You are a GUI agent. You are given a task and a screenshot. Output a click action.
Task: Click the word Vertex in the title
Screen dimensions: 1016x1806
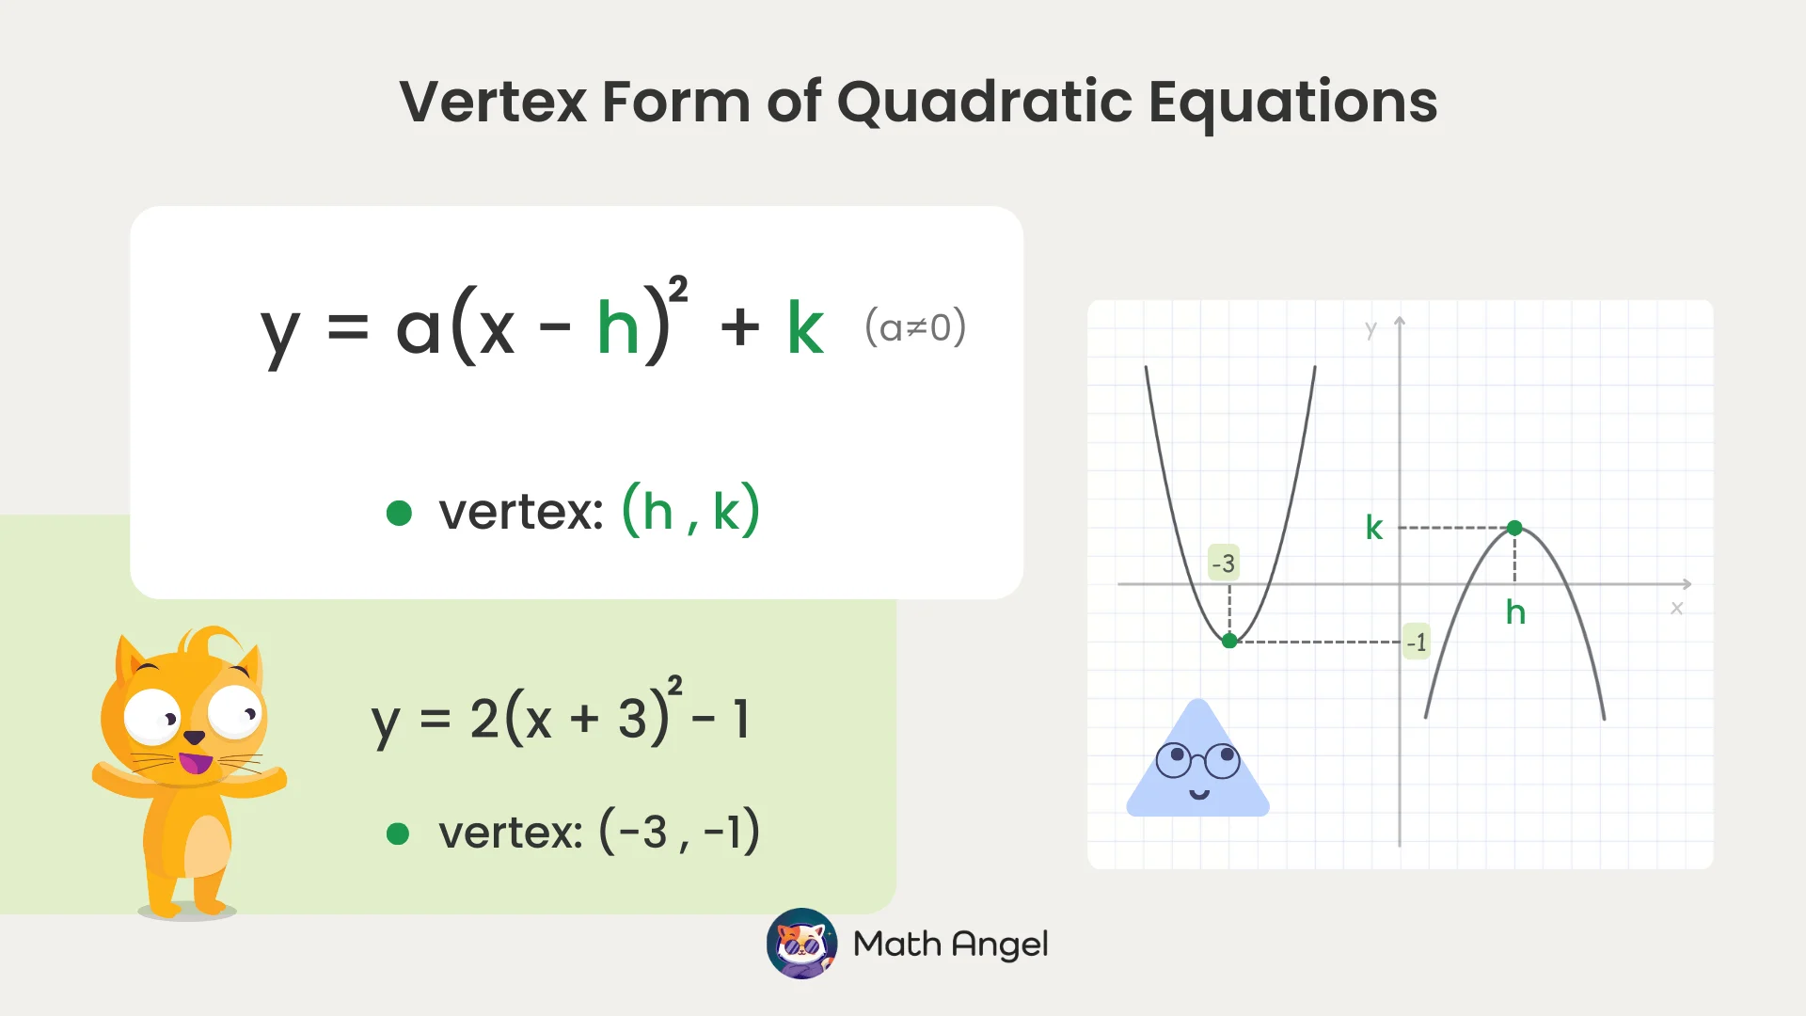(x=493, y=102)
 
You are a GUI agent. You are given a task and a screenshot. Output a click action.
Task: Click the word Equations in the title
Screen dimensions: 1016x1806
(x=1292, y=102)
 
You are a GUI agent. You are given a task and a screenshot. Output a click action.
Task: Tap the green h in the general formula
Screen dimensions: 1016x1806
(x=618, y=328)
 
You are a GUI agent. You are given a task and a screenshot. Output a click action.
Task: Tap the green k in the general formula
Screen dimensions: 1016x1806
(x=805, y=328)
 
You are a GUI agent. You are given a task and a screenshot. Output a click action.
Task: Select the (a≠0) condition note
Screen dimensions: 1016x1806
(x=914, y=327)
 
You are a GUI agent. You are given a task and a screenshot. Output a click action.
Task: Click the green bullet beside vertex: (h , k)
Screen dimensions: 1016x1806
(x=399, y=513)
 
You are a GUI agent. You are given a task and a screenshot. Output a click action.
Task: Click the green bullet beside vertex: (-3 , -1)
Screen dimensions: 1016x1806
(x=398, y=833)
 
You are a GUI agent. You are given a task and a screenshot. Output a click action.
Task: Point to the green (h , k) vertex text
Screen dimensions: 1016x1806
(x=690, y=511)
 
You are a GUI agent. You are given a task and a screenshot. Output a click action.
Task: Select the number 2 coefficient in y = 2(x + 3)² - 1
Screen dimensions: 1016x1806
(x=484, y=719)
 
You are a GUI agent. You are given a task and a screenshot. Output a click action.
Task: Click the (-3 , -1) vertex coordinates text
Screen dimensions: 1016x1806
(x=679, y=832)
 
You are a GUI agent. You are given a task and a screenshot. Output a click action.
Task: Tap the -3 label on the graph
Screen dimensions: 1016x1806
(x=1224, y=564)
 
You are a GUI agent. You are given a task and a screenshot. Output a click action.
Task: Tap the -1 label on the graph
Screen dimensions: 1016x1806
(x=1416, y=643)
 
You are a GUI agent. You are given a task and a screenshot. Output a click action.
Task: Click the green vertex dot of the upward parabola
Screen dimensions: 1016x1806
(x=1229, y=641)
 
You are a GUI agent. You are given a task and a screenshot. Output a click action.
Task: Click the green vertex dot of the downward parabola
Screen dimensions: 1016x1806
(x=1514, y=529)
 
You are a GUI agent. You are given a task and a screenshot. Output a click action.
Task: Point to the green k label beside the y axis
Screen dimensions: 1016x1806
(x=1374, y=528)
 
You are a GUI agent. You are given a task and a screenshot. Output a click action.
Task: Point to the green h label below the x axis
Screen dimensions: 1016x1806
(x=1515, y=612)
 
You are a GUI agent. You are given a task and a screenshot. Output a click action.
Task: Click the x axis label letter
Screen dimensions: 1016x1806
(x=1676, y=609)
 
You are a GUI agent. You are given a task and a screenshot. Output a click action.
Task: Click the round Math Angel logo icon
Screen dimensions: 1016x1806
(x=801, y=943)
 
